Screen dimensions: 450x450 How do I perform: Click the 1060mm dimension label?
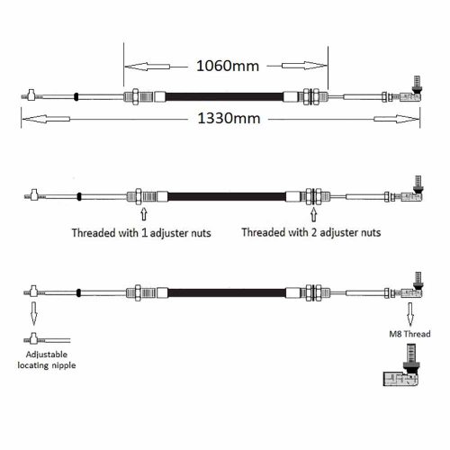click(228, 66)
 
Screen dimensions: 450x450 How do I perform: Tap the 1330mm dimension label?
click(229, 118)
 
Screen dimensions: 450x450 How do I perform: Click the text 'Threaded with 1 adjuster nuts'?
click(141, 233)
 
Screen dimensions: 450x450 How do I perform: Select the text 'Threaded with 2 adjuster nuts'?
click(311, 232)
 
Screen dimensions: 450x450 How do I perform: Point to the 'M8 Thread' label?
click(409, 334)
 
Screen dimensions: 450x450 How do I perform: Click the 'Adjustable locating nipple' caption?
click(47, 360)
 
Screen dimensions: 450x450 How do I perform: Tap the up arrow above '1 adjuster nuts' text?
click(144, 214)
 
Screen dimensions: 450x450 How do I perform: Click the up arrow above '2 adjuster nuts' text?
click(314, 215)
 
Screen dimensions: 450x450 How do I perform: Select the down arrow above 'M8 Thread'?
click(410, 314)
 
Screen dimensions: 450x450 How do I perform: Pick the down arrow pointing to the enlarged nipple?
click(34, 313)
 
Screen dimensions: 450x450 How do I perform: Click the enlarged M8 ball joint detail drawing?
click(401, 365)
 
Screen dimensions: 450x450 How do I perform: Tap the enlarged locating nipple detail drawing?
click(47, 338)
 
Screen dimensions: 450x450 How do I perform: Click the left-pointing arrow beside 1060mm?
click(148, 67)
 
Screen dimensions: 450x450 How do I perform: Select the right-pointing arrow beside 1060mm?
click(304, 66)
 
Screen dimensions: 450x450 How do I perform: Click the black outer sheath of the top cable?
click(224, 97)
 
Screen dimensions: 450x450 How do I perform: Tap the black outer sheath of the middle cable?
click(227, 197)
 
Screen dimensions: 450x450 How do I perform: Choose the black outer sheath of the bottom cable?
click(227, 292)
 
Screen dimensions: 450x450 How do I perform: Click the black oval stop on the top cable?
click(76, 96)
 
